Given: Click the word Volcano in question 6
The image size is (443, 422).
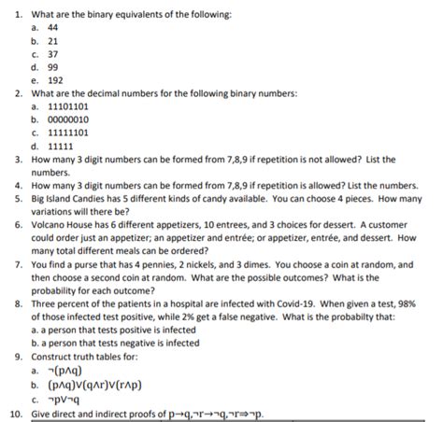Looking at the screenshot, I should tap(51, 224).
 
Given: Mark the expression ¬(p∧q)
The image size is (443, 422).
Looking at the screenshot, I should tap(64, 371).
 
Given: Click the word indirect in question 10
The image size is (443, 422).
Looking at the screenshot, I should tap(117, 412).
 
